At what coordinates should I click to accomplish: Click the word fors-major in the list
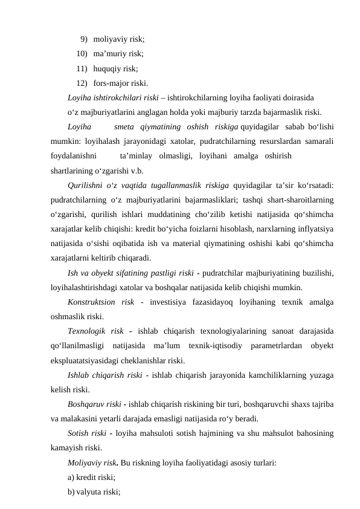tap(113, 83)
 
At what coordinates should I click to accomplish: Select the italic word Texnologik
tap(88, 331)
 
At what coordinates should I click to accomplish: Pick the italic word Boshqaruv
tap(87, 404)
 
